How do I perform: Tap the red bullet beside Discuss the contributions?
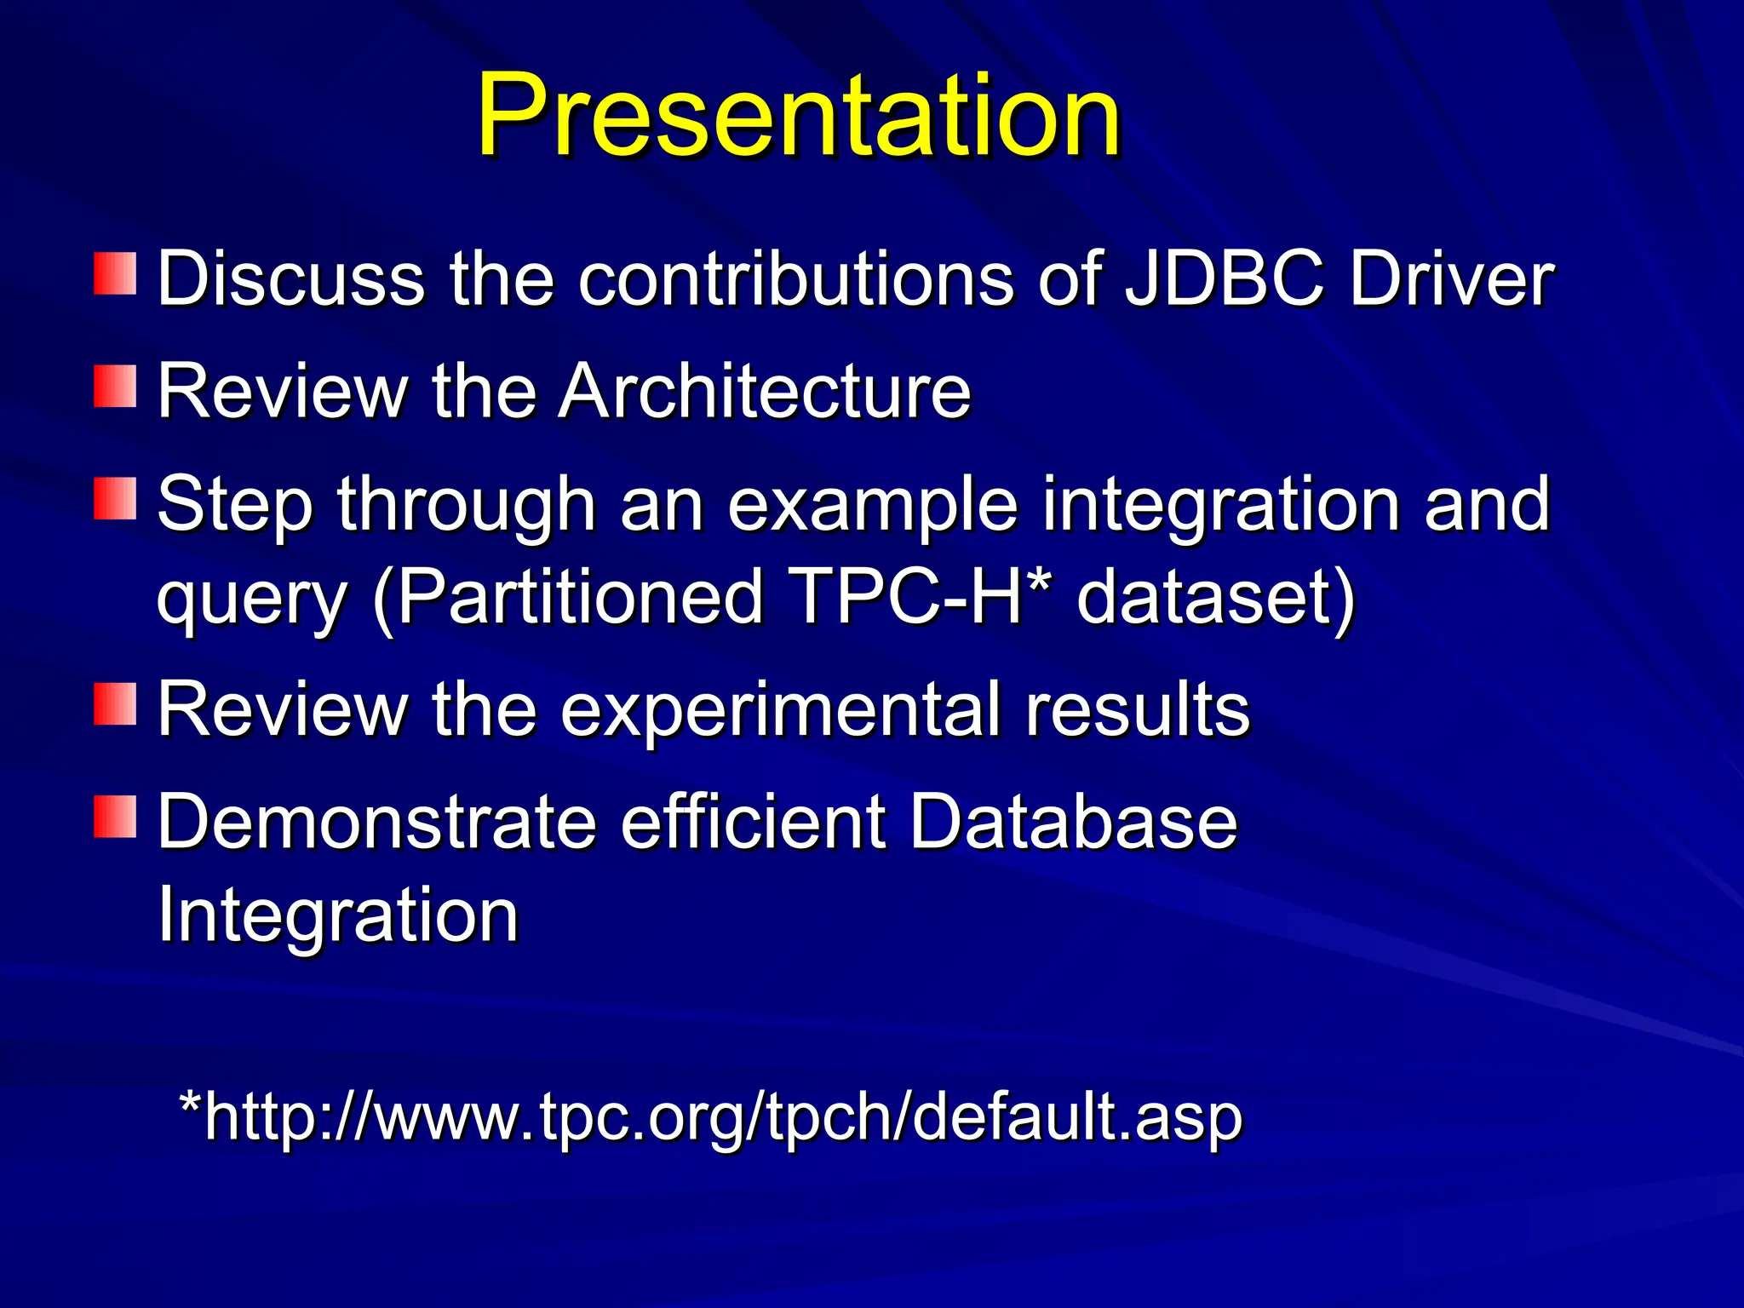click(x=115, y=273)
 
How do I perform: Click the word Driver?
click(x=1451, y=278)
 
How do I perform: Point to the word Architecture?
click(x=764, y=391)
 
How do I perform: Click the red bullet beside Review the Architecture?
click(x=115, y=387)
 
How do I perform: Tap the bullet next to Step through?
click(x=115, y=499)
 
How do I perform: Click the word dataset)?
click(x=1215, y=597)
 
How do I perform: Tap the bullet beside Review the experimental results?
click(x=115, y=703)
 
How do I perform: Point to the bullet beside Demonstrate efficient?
click(x=115, y=817)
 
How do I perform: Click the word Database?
click(x=1073, y=822)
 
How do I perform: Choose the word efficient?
click(x=754, y=822)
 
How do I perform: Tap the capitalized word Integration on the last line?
click(x=338, y=915)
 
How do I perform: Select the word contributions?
click(x=796, y=278)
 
